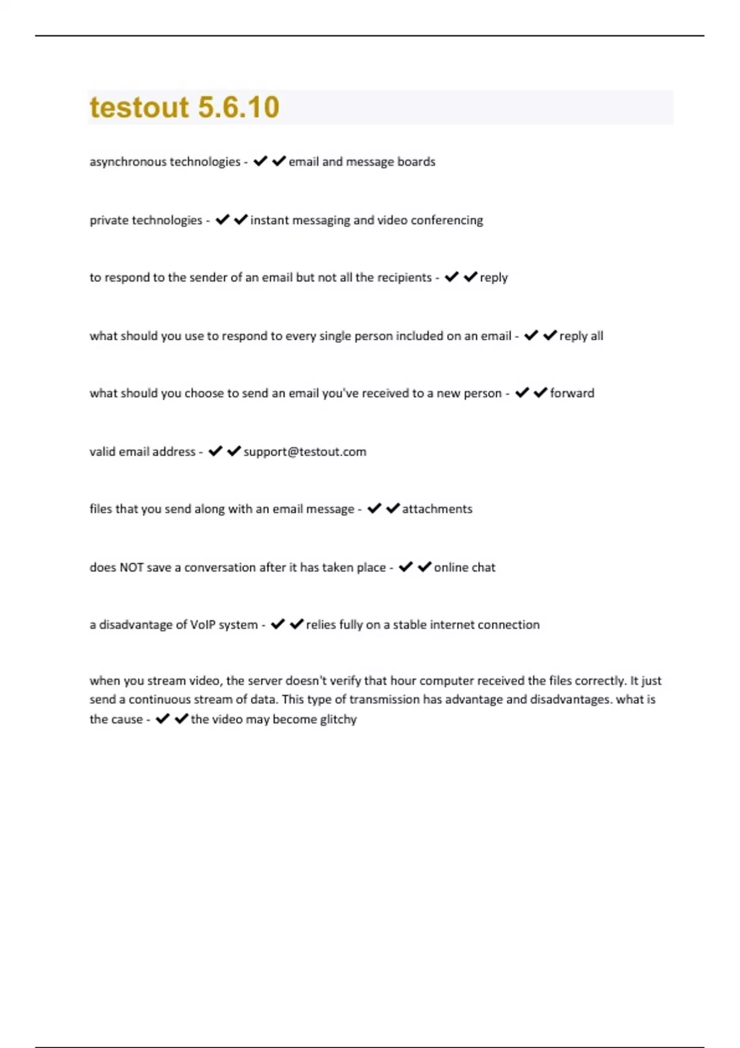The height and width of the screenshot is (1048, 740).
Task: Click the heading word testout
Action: pos(139,107)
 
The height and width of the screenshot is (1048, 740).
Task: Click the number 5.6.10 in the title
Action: pos(239,107)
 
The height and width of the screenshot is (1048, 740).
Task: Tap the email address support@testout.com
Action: pos(305,452)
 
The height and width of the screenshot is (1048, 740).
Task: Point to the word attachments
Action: pos(437,509)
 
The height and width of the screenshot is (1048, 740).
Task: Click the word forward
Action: pos(572,393)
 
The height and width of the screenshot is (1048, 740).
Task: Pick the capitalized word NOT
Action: pos(131,567)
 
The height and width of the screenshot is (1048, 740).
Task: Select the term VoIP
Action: pos(202,624)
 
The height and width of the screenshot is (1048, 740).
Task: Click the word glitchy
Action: pos(338,719)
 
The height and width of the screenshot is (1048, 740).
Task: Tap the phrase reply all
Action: pos(581,336)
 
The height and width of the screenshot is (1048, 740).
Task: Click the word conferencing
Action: pos(446,220)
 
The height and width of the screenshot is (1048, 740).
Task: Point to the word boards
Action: pos(416,162)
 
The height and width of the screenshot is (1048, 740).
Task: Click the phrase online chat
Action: pos(464,567)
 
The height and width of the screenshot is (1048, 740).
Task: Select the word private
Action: pos(109,220)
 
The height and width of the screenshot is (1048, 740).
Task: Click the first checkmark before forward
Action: pos(522,393)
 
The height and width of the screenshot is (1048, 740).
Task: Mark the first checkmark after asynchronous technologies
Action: pos(260,161)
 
